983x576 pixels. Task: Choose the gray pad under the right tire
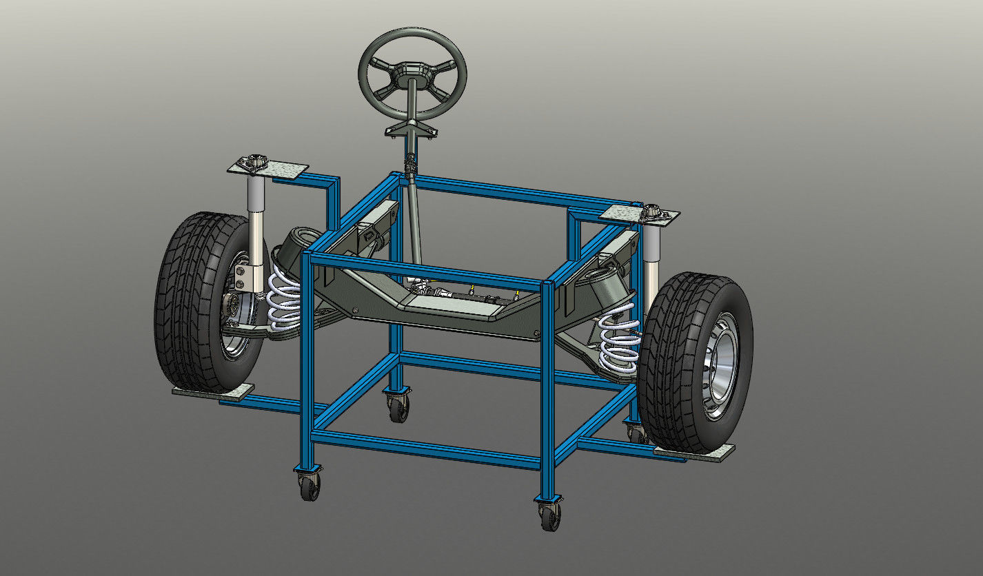point(693,452)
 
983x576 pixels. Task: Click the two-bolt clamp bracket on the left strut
point(243,274)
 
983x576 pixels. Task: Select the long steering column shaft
point(416,220)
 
